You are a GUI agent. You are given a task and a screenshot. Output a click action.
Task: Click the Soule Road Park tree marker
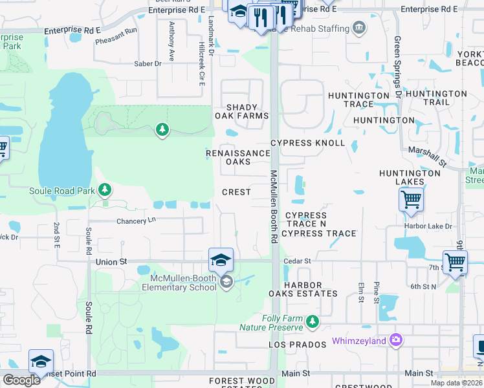pyautogui.click(x=104, y=190)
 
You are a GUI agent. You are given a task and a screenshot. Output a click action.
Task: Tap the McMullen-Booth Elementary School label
pyautogui.click(x=179, y=282)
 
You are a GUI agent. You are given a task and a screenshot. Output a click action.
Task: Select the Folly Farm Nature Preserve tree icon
pyautogui.click(x=313, y=321)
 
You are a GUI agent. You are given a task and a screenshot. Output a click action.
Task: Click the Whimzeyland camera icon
pyautogui.click(x=396, y=340)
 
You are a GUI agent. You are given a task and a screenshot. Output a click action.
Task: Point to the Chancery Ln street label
pyautogui.click(x=137, y=221)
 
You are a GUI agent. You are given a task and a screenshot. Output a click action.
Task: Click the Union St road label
pyautogui.click(x=113, y=261)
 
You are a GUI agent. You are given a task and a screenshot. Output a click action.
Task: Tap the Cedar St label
pyautogui.click(x=298, y=261)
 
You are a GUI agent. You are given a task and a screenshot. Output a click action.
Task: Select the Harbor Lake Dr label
pyautogui.click(x=430, y=226)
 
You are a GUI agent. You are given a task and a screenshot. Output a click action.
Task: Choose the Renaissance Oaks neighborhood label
pyautogui.click(x=238, y=157)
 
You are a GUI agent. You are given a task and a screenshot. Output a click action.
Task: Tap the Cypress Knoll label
pyautogui.click(x=307, y=143)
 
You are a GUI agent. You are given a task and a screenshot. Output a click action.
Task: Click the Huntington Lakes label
pyautogui.click(x=410, y=177)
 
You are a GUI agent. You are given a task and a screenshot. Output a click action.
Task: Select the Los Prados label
pyautogui.click(x=298, y=345)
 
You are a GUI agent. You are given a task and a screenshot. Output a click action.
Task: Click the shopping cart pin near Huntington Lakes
pyautogui.click(x=412, y=200)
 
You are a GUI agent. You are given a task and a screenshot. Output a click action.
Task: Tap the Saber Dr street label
pyautogui.click(x=148, y=63)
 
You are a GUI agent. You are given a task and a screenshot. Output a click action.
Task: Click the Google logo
pyautogui.click(x=21, y=380)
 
